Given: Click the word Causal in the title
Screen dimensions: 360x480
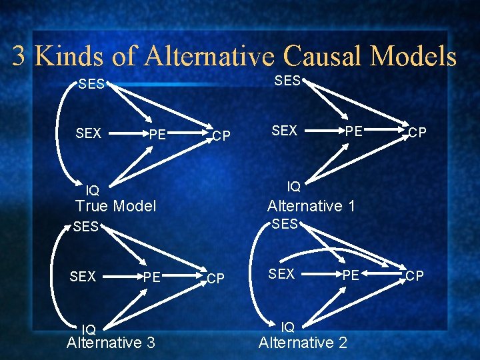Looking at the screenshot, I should [323, 56].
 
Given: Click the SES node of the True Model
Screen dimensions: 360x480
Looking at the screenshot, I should [91, 85].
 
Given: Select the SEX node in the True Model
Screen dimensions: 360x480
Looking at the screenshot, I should [89, 133].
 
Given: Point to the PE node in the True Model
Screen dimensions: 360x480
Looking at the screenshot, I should [157, 136].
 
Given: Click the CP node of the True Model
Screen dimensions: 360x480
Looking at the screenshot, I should [221, 137].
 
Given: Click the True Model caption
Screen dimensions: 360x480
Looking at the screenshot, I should [115, 206].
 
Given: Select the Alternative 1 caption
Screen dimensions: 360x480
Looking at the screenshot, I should [311, 206].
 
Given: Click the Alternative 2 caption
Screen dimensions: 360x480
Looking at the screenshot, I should [303, 343].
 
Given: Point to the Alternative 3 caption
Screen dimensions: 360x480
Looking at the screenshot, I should [111, 343].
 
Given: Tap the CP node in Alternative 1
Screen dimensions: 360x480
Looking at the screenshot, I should [417, 133].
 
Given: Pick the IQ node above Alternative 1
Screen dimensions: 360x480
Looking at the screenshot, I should [293, 187].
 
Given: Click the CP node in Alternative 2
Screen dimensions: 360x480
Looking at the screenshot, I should [415, 276].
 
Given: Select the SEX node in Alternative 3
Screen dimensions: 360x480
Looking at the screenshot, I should [83, 276].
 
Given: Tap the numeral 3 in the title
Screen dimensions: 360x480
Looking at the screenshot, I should [19, 57].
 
